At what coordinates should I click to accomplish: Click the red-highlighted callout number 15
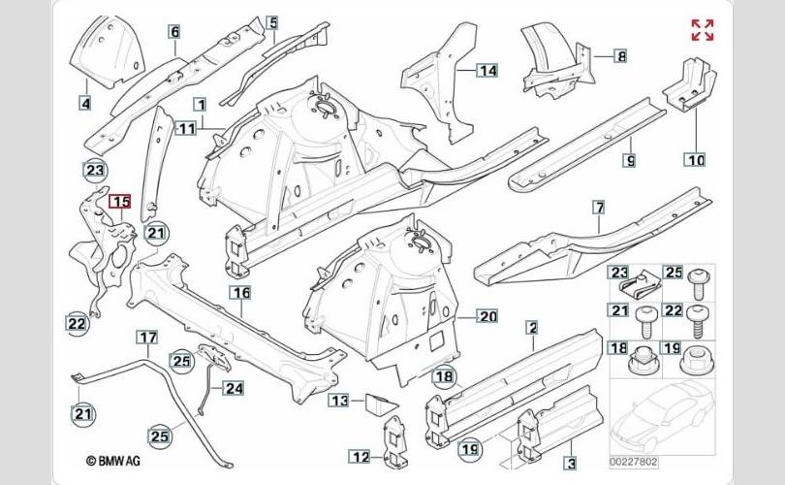tap(120, 202)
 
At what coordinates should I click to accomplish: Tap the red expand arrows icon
tap(703, 30)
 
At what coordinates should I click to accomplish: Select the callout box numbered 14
tap(487, 70)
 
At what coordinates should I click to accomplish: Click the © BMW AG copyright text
tap(113, 461)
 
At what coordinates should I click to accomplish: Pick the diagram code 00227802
tap(633, 462)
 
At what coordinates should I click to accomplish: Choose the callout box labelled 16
tap(241, 293)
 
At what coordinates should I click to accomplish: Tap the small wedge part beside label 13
tap(381, 404)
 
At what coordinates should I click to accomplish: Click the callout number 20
tap(487, 316)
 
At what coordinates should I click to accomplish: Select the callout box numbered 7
tap(599, 207)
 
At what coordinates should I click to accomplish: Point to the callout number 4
tap(86, 103)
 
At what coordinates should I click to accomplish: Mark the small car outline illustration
tap(662, 415)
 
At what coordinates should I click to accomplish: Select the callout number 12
tap(360, 457)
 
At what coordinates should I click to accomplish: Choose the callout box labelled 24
tap(234, 388)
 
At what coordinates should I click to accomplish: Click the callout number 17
tap(147, 338)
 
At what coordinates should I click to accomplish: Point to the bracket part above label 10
tap(690, 83)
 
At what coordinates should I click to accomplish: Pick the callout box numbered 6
tap(174, 32)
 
